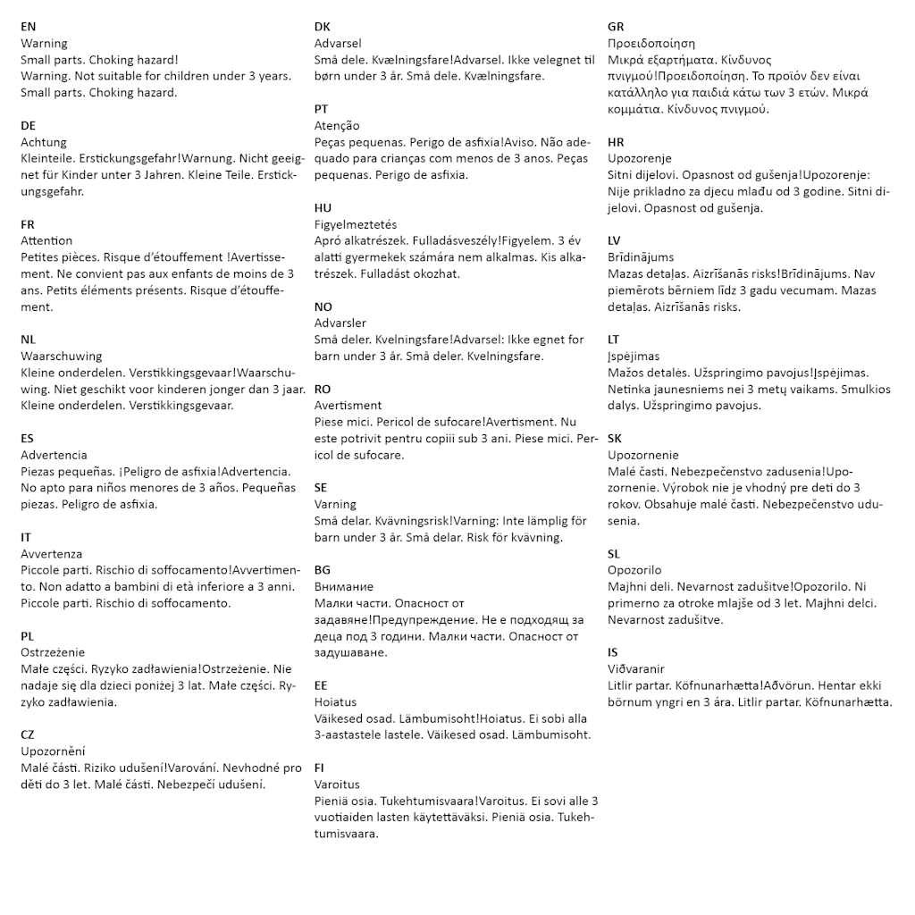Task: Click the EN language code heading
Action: tap(29, 27)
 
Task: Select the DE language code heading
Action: tap(29, 126)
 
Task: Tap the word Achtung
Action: tap(44, 142)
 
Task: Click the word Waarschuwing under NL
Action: tap(62, 356)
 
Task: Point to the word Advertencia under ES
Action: tap(54, 455)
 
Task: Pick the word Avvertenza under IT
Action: tap(51, 554)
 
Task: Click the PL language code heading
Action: tap(28, 636)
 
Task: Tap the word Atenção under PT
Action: tap(337, 126)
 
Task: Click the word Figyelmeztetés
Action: tap(356, 224)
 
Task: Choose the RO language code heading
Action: tap(323, 390)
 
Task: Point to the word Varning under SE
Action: tap(335, 504)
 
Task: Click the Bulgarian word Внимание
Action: tap(344, 586)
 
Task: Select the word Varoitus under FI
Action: tap(337, 785)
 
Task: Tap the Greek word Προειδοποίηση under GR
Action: tap(651, 43)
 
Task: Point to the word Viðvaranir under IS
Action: tap(636, 668)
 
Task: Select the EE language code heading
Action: tap(322, 685)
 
